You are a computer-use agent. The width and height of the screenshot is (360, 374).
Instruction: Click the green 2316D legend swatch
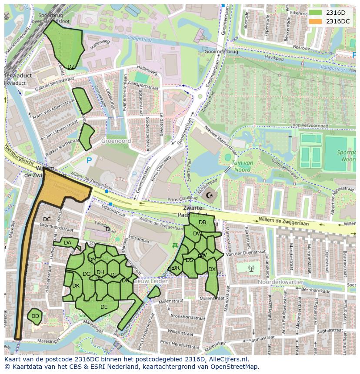point(316,13)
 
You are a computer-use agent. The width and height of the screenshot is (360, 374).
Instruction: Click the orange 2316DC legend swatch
point(316,21)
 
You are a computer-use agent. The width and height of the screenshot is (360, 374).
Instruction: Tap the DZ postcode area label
point(71,67)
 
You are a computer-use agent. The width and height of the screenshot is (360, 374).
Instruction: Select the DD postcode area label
point(35,316)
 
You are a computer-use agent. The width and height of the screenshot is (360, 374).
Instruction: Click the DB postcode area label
point(202,222)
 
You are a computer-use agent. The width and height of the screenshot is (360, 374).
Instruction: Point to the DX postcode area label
point(212,269)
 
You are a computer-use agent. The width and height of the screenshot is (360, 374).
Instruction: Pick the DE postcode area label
point(104,307)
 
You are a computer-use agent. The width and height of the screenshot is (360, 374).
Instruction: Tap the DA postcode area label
point(67,243)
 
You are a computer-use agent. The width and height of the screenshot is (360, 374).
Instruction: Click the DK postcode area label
point(76,286)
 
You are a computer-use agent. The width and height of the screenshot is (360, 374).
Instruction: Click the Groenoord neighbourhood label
point(116,141)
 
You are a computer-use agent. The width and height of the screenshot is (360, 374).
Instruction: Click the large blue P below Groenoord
point(89,161)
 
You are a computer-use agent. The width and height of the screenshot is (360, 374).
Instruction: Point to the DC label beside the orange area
point(47,219)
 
